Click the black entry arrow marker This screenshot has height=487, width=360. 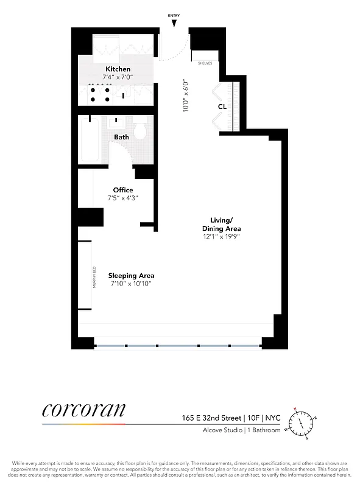click(174, 24)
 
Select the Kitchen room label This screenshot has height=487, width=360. click(118, 69)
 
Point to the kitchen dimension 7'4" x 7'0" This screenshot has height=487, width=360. click(118, 77)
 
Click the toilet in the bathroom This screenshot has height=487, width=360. click(139, 130)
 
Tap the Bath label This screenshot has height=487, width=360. click(121, 137)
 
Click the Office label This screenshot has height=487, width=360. click(123, 190)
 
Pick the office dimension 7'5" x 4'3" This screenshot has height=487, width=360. click(123, 198)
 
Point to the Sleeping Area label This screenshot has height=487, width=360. click(131, 275)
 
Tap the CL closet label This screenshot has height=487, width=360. click(222, 107)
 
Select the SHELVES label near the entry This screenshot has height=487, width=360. click(205, 63)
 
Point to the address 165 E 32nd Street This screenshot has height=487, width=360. click(208, 418)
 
